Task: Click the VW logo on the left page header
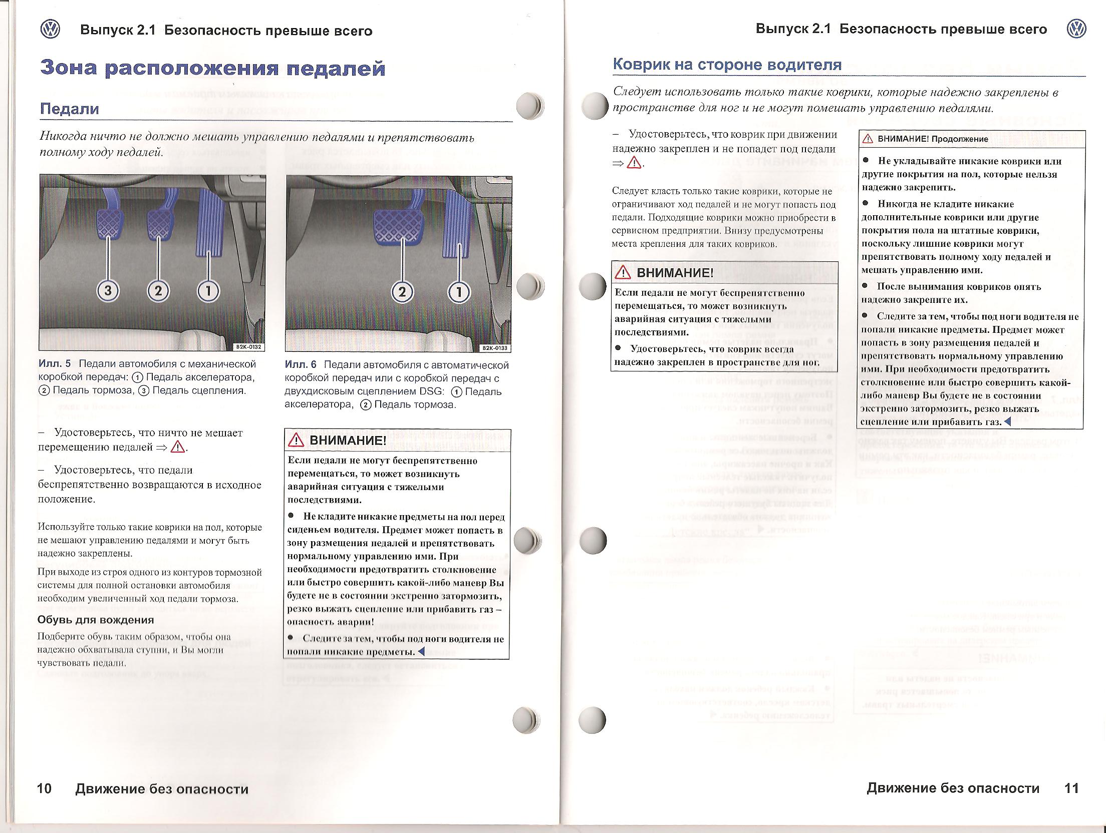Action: [x=50, y=30]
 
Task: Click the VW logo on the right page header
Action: [x=1076, y=29]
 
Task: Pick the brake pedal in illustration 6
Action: [x=398, y=226]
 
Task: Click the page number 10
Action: [x=44, y=788]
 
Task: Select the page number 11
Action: [x=1071, y=788]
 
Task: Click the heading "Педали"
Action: [x=70, y=109]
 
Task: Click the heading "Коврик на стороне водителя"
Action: [x=727, y=65]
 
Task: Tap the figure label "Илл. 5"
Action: [x=55, y=364]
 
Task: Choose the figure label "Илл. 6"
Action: [x=301, y=365]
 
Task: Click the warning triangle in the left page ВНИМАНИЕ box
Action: [x=296, y=440]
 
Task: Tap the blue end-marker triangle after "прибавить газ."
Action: [x=1008, y=422]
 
